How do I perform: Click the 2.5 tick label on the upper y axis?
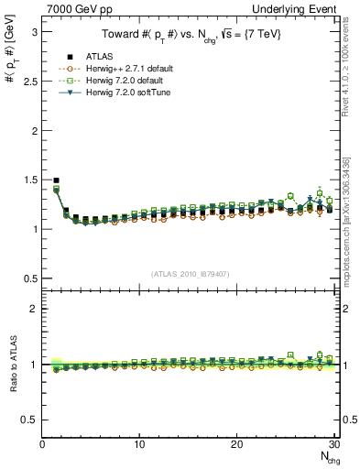pyautogui.click(x=29, y=81)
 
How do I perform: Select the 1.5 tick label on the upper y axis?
pyautogui.click(x=29, y=180)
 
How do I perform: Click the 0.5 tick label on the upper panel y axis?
pyautogui.click(x=29, y=278)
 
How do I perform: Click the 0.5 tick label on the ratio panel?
pyautogui.click(x=29, y=420)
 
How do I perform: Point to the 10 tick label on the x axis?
pyautogui.click(x=139, y=444)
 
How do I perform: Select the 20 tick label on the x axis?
pyautogui.click(x=236, y=444)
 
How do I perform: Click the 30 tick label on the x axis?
pyautogui.click(x=333, y=444)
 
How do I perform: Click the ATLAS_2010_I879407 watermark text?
pyautogui.click(x=190, y=273)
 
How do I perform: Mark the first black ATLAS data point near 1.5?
pyautogui.click(x=57, y=180)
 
